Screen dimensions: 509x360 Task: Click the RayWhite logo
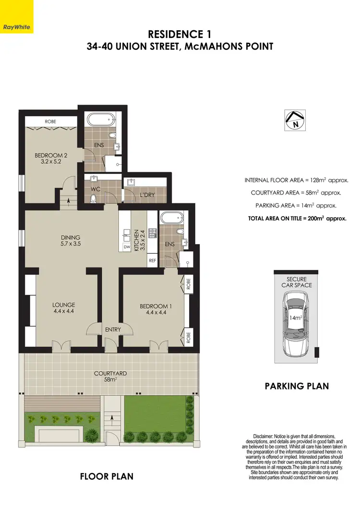pos(16,17)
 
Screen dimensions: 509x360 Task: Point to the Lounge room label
pos(63,308)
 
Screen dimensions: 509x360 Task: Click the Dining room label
pos(70,240)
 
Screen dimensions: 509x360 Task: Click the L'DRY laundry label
pos(146,195)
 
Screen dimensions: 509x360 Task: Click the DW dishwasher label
pos(127,247)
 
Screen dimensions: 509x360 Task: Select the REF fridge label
pos(153,261)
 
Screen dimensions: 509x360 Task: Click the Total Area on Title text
pos(298,218)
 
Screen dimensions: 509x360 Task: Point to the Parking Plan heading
pos(297,386)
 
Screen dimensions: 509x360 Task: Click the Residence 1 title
pos(180,34)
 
